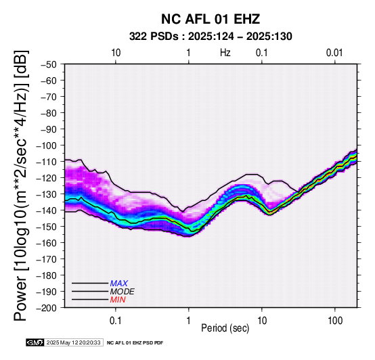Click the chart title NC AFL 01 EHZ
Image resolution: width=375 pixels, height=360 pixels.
[211, 19]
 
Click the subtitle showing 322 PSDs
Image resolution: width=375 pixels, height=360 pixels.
[211, 37]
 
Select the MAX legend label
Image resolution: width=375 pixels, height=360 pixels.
[119, 284]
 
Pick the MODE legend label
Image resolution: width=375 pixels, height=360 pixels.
[123, 292]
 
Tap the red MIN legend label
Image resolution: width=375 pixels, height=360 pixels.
[118, 300]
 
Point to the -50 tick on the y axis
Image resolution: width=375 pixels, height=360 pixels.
[49, 64]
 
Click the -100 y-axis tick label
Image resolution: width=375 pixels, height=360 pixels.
[47, 145]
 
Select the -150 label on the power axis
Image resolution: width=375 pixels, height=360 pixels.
[47, 227]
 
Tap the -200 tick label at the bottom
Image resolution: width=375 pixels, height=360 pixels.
[47, 308]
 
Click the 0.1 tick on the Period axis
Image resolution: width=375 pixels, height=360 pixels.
[116, 321]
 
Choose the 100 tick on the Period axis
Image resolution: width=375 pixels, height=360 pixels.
[335, 321]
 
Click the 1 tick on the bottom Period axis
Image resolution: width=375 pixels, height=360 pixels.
[189, 321]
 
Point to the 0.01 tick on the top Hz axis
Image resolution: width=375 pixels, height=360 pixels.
[334, 53]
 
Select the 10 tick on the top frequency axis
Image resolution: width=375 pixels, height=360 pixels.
[116, 53]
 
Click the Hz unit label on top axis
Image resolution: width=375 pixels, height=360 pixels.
[225, 53]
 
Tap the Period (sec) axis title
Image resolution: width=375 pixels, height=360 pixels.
[225, 328]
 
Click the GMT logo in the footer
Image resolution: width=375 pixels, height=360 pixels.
[35, 342]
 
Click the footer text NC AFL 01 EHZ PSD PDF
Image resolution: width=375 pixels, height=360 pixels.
[135, 343]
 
